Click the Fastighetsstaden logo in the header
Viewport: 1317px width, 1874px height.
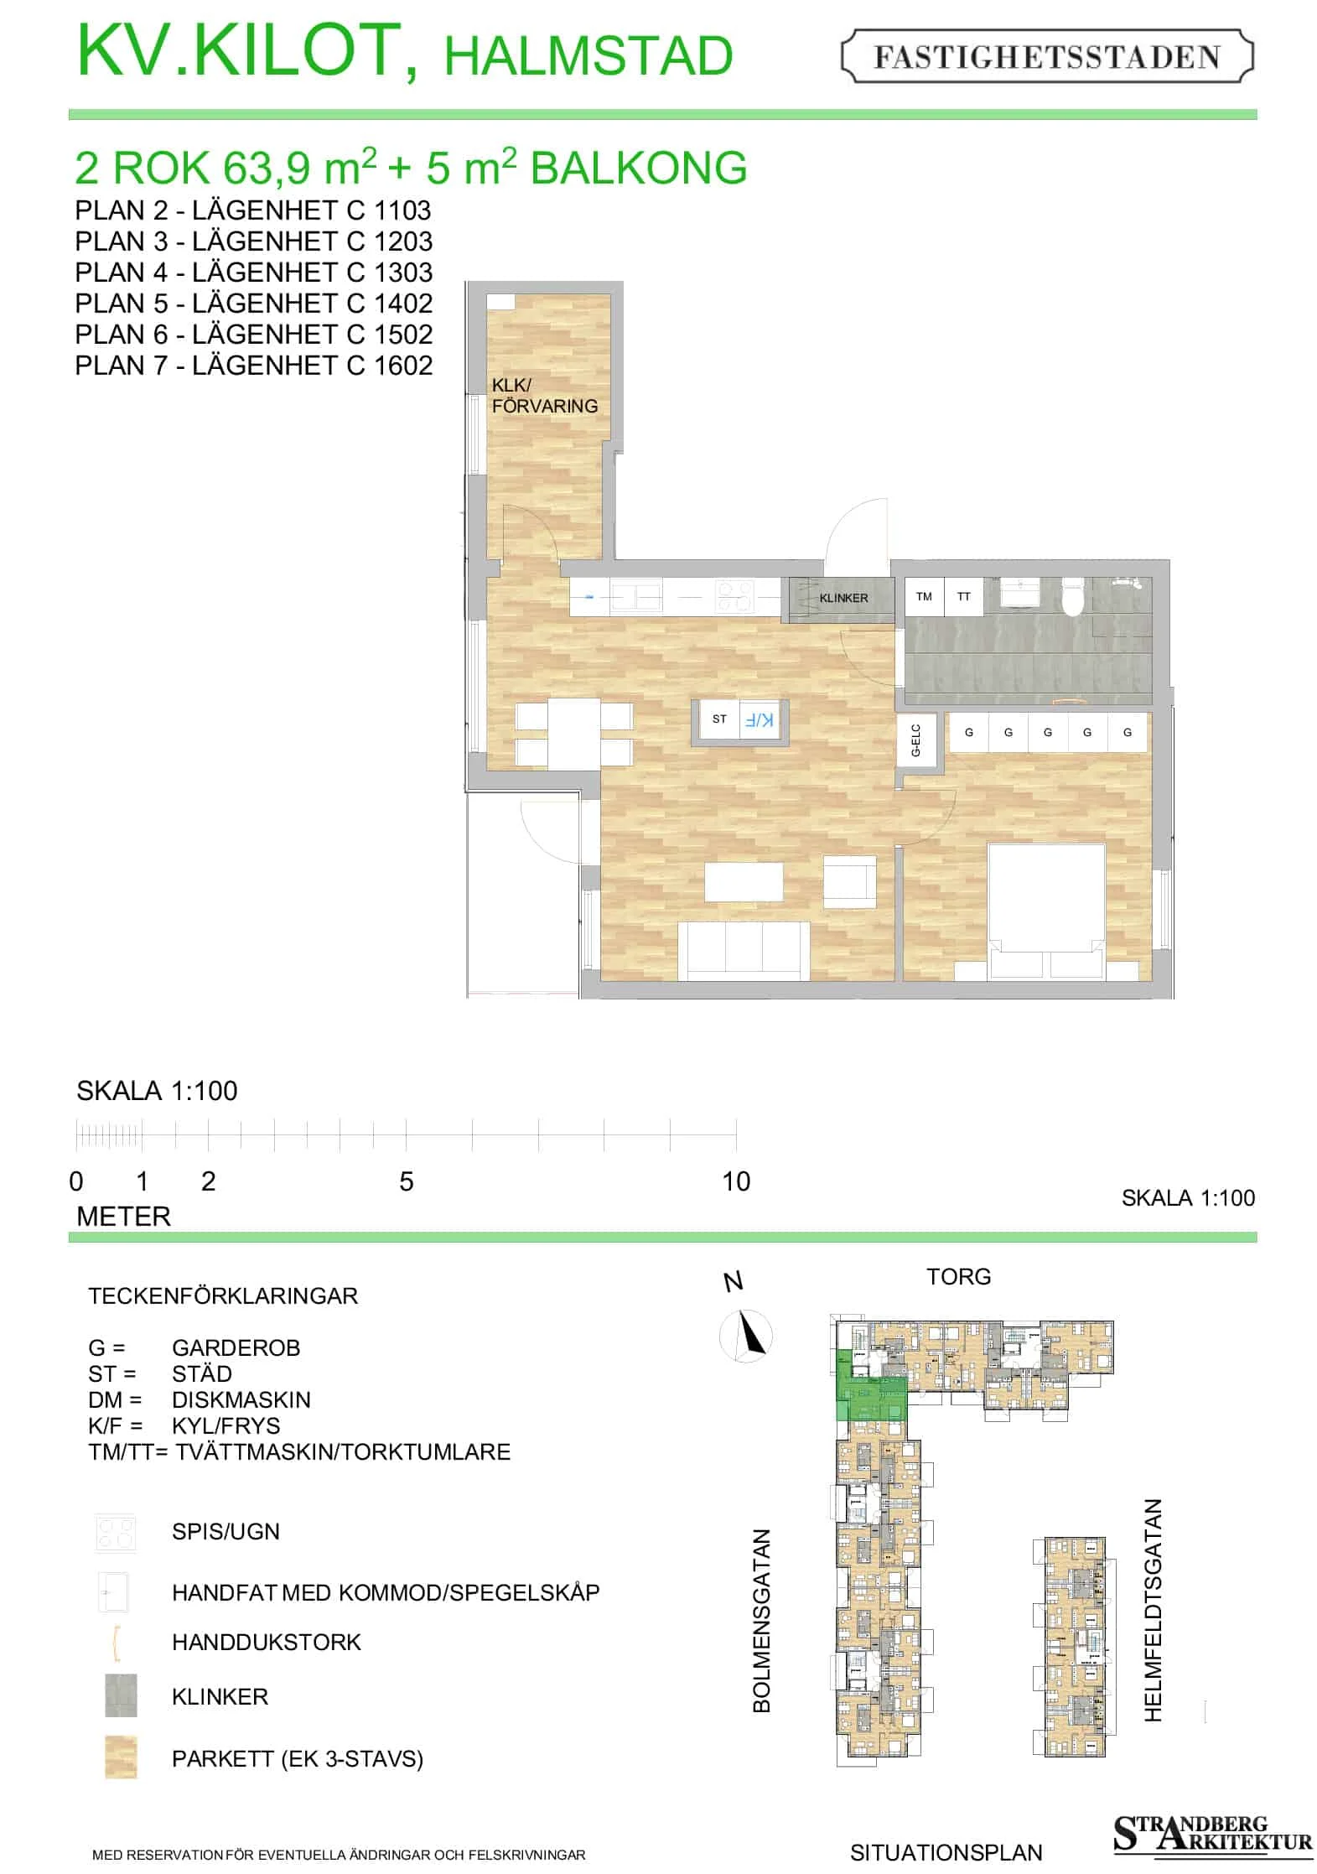[x=1046, y=56]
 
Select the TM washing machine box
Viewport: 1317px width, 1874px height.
[x=924, y=597]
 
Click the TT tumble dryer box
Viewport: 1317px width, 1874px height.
[x=964, y=597]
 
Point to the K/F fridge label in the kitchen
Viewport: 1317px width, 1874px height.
[x=760, y=719]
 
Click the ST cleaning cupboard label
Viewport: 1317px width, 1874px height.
[x=719, y=719]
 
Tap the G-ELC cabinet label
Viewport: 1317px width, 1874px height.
[x=915, y=740]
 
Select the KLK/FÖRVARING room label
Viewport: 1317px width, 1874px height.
[x=544, y=396]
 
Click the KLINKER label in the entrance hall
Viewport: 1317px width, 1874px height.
[x=843, y=598]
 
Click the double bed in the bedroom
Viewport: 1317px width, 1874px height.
[x=1046, y=911]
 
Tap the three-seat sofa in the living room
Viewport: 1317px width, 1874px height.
[x=744, y=950]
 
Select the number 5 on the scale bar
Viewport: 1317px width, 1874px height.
[x=407, y=1181]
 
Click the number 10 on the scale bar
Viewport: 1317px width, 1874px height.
[x=736, y=1181]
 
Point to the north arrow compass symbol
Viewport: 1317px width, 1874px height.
[x=746, y=1336]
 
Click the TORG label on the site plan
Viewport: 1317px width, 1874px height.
[x=958, y=1276]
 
